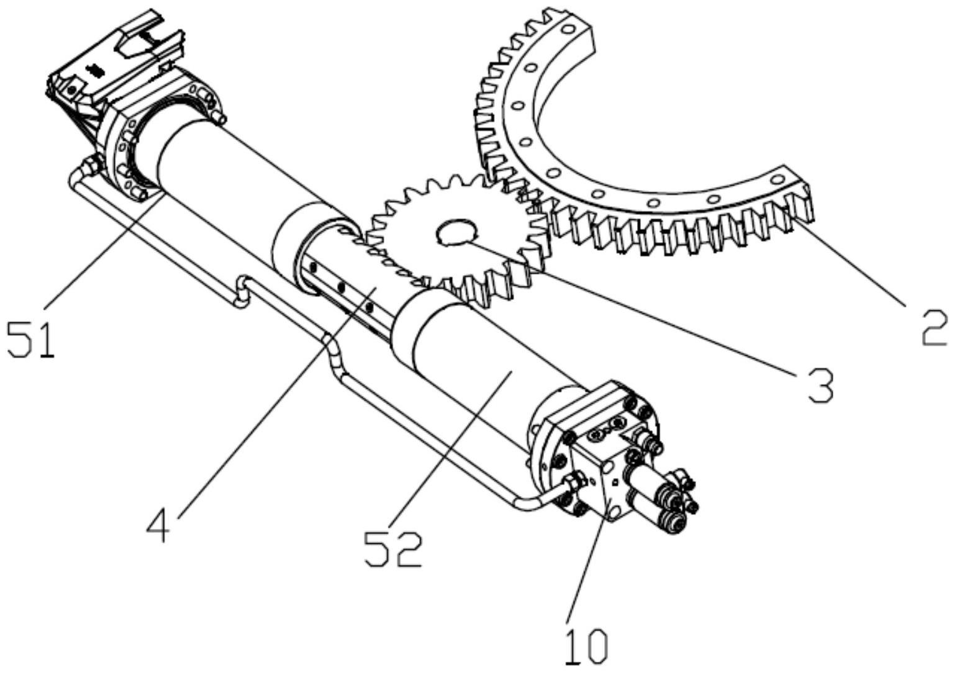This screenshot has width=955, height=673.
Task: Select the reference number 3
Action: [818, 386]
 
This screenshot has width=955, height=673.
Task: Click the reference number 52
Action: [394, 549]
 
